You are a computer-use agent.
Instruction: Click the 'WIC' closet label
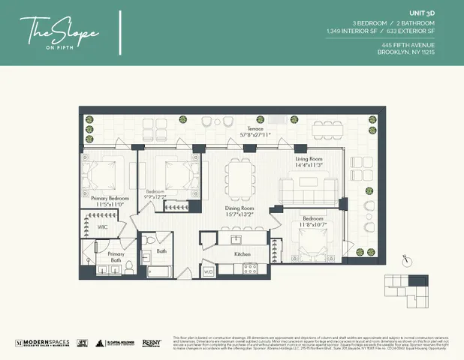tap(103, 226)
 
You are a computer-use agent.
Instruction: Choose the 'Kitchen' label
tap(243, 254)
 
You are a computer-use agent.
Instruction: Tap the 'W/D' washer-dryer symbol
tap(209, 270)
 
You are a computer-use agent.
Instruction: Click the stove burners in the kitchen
tap(251, 269)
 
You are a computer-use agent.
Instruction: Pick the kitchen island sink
tap(236, 239)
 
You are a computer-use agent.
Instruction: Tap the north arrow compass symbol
tap(406, 259)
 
